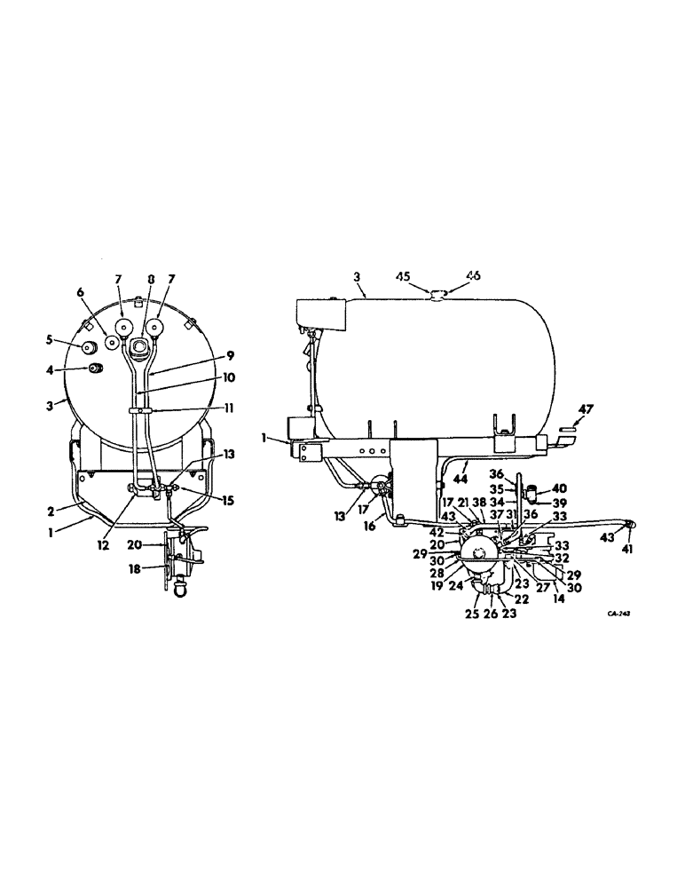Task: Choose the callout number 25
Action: [471, 613]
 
